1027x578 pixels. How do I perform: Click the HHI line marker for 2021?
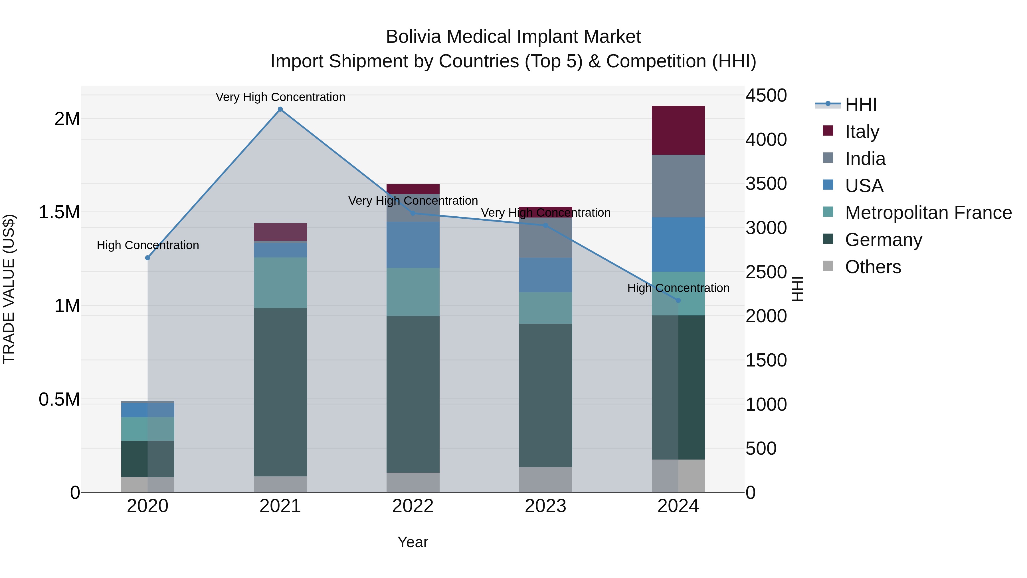pos(280,109)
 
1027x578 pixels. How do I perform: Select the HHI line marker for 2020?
pos(147,258)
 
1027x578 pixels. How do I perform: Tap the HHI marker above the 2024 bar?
pos(678,300)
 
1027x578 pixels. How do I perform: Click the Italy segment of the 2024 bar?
pos(678,130)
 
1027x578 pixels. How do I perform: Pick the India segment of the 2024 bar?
pos(678,186)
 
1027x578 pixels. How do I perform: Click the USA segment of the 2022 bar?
pos(413,245)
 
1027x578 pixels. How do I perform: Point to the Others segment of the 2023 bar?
pos(545,480)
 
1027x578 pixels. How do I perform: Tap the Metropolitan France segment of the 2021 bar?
pos(280,282)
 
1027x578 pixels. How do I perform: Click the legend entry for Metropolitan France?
pos(928,213)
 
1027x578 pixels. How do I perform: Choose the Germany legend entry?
pos(884,240)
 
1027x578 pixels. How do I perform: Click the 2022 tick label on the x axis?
pos(413,506)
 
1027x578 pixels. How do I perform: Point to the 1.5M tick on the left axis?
pos(59,212)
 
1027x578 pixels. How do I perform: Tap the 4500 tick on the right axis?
pos(766,96)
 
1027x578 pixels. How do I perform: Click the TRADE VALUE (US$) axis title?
pos(9,289)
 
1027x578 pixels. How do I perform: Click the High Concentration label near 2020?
pos(147,245)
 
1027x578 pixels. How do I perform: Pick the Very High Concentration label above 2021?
pos(280,97)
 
